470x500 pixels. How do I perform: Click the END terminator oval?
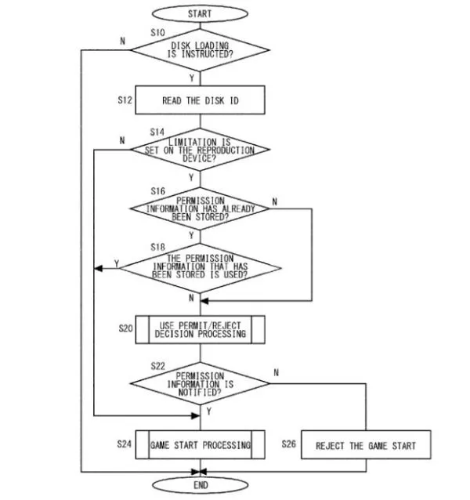[201, 485]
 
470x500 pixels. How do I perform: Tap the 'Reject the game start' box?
[365, 445]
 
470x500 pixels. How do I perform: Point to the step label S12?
[125, 101]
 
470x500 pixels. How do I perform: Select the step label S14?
[157, 131]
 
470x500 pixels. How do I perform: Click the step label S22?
[157, 366]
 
